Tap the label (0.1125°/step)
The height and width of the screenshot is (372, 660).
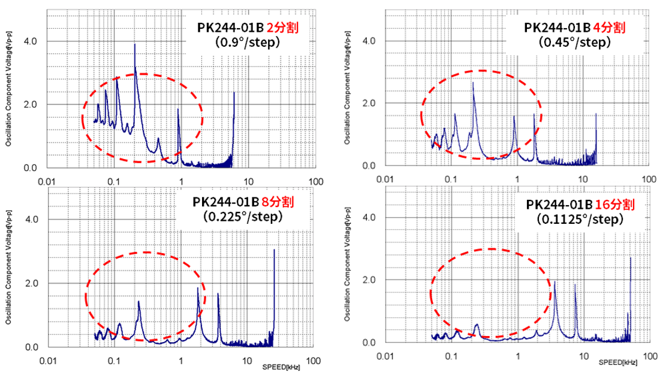580,220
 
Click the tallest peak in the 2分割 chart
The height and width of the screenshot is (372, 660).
135,45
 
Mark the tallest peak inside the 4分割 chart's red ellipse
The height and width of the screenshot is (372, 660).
473,83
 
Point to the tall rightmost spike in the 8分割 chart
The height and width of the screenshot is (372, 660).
274,251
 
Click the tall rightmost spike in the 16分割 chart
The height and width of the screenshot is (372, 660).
631,259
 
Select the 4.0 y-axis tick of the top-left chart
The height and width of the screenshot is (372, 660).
30,41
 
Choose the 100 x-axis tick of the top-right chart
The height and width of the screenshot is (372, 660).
649,179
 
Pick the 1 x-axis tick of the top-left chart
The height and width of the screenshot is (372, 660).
181,181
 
